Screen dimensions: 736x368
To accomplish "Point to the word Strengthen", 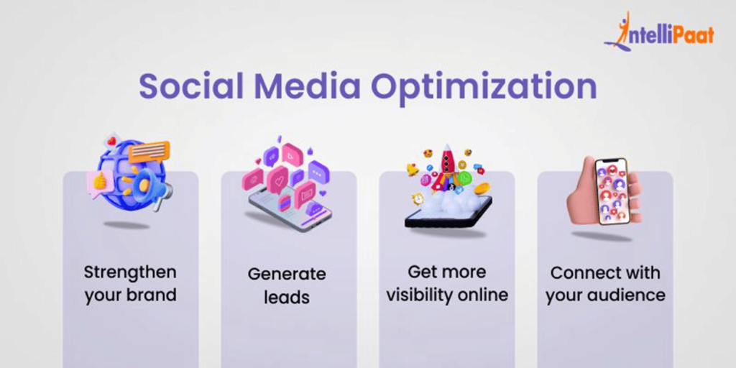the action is pos(130,272).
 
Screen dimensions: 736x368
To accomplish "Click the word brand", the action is pos(154,295).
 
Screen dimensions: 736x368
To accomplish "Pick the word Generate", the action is pos(287,274).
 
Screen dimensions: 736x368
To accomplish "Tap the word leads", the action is pos(286,297).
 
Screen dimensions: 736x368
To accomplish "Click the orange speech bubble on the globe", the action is pos(149,150).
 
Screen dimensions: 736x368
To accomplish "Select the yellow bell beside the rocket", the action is pos(413,168).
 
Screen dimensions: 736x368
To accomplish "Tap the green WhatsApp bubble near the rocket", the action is pos(464,178).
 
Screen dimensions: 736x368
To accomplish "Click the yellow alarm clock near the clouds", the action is pos(418,198).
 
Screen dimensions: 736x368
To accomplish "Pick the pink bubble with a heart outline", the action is pos(277,180).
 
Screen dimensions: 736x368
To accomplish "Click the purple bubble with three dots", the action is pos(318,172).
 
